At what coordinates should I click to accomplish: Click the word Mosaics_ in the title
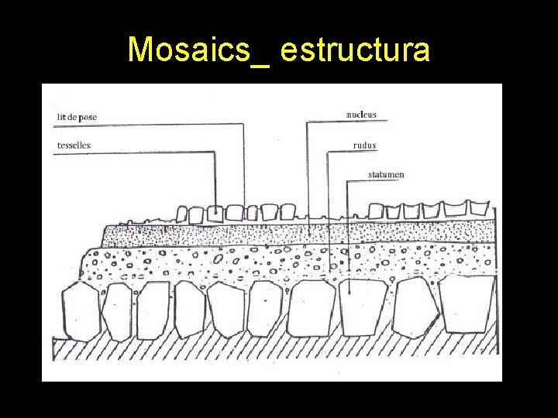click(198, 50)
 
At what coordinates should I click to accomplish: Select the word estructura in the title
click(355, 50)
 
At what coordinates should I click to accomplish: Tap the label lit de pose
click(77, 117)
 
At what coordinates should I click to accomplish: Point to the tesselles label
click(74, 145)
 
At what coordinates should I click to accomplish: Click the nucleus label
click(360, 115)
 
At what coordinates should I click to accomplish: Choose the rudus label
click(364, 145)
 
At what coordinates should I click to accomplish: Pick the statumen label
click(385, 175)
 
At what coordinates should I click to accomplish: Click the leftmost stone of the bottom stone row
click(80, 311)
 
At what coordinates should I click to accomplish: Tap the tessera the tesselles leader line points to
click(215, 214)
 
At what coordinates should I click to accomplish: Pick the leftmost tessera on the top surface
click(182, 215)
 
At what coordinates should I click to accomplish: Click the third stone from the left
click(153, 310)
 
